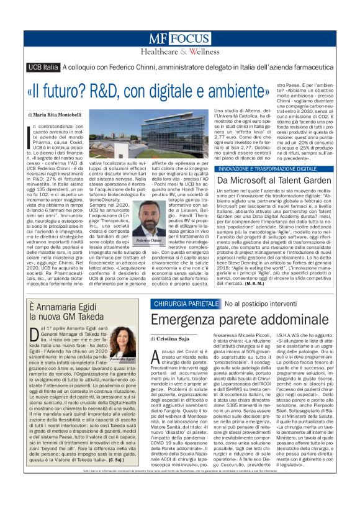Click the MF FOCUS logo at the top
pos(179,38)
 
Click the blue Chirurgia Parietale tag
pos(185,304)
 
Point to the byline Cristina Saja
pos(174,339)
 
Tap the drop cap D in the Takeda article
pos(35,336)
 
